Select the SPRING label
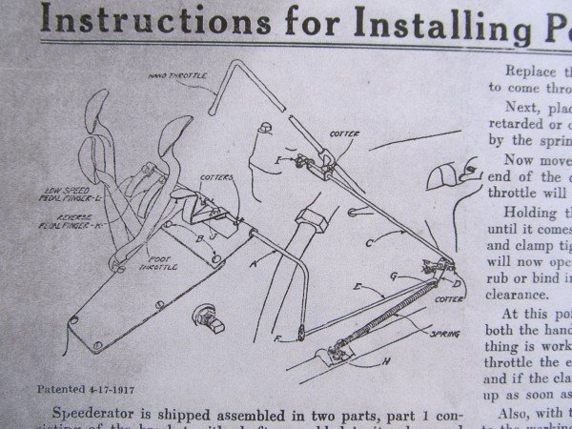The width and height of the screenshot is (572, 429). [x=444, y=334]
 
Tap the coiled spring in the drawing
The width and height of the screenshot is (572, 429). [x=381, y=303]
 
